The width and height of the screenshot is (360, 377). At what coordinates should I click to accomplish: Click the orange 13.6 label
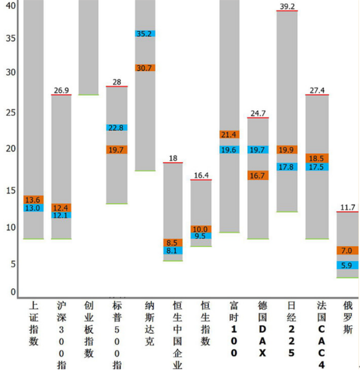tap(33, 200)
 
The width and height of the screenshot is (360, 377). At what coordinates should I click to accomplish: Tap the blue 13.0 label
tap(33, 208)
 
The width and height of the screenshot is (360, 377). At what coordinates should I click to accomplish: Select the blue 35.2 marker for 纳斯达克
tap(145, 33)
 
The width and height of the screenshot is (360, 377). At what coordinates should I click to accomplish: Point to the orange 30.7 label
tap(145, 68)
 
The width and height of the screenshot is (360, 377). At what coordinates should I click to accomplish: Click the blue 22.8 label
tap(117, 128)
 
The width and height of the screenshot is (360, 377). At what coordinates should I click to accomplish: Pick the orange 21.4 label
tap(229, 135)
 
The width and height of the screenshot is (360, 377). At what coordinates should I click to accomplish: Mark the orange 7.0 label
tap(347, 251)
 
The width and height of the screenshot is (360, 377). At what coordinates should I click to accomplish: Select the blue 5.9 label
tap(347, 265)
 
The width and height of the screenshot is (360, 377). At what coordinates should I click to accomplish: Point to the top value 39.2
tap(287, 6)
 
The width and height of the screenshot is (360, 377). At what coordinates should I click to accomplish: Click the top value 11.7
tap(347, 207)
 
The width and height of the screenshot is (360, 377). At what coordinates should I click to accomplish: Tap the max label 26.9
tap(61, 90)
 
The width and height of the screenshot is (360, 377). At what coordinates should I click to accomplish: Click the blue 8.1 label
tap(173, 251)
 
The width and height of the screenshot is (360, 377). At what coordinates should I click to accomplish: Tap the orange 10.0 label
tap(201, 229)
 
